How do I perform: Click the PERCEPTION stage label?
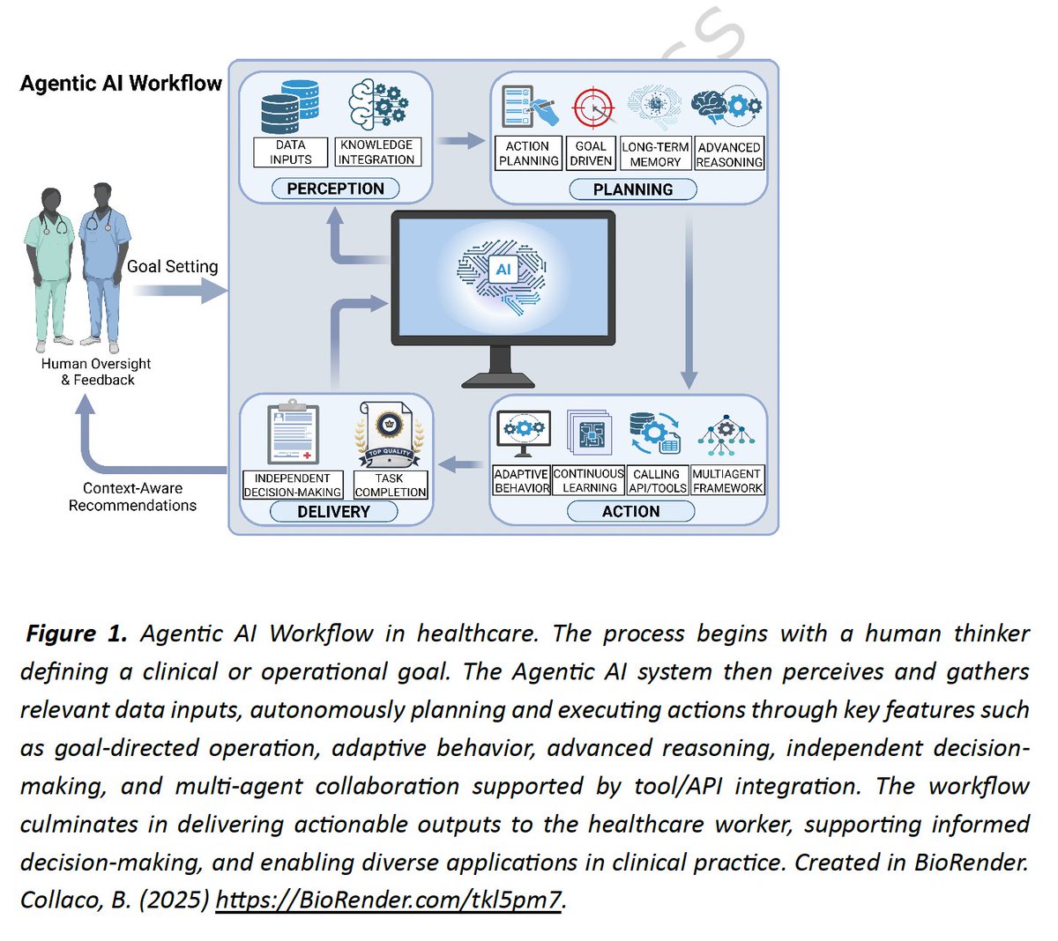coord(335,189)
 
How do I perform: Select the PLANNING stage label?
coord(632,189)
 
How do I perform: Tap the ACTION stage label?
coord(630,511)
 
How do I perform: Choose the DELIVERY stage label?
coord(333,512)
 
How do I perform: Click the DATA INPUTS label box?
coord(290,152)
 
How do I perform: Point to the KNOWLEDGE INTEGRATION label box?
coord(376,152)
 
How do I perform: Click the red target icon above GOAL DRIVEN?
coord(592,107)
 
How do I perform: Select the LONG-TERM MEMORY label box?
coord(655,154)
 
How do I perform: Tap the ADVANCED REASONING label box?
coord(729,154)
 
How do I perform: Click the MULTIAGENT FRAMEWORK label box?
coord(727,481)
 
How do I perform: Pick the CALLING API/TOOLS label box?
coord(657,481)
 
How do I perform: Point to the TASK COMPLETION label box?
coord(390,485)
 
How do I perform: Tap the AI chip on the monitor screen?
coord(503,270)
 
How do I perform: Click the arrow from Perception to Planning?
coord(461,140)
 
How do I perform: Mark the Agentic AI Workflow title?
coord(121,84)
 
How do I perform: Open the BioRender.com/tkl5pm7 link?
coord(388,900)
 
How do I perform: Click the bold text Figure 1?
coord(77,634)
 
